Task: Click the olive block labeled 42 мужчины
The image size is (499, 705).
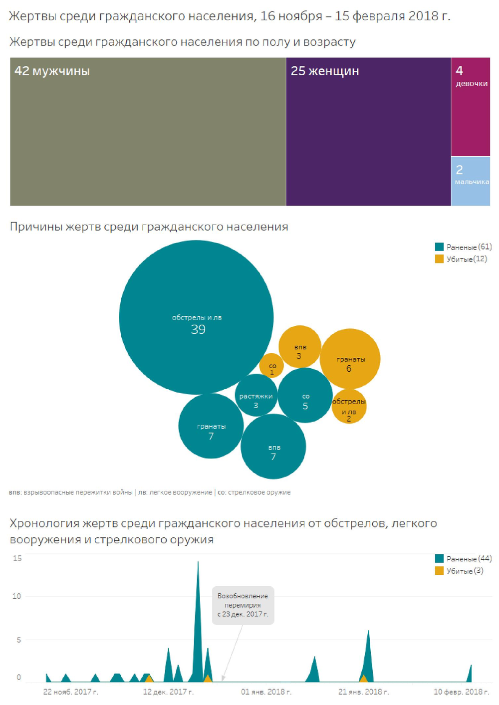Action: pos(148,132)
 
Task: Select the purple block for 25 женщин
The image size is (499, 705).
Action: pos(368,132)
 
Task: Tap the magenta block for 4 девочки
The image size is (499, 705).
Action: pos(471,107)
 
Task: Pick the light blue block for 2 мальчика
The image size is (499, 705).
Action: pos(471,181)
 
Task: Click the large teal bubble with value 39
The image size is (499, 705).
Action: pos(196,317)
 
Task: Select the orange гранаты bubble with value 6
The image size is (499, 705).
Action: pos(350,358)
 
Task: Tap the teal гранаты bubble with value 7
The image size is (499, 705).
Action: pos(211,426)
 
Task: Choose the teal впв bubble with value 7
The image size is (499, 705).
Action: pos(273,446)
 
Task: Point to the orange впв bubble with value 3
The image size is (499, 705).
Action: pos(299,346)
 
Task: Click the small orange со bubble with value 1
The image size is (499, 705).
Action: pos(271,366)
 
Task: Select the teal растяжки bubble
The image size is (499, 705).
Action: pos(256,395)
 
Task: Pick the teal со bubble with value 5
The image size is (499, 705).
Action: pos(305,395)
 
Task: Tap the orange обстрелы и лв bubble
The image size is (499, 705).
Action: pos(349,407)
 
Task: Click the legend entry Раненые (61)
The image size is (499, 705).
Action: pos(463,247)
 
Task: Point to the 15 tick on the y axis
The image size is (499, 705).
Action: pos(17,558)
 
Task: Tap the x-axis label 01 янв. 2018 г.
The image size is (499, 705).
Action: pos(266,692)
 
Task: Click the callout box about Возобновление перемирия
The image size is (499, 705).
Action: pos(243,605)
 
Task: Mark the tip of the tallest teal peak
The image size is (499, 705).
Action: pos(198,562)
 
